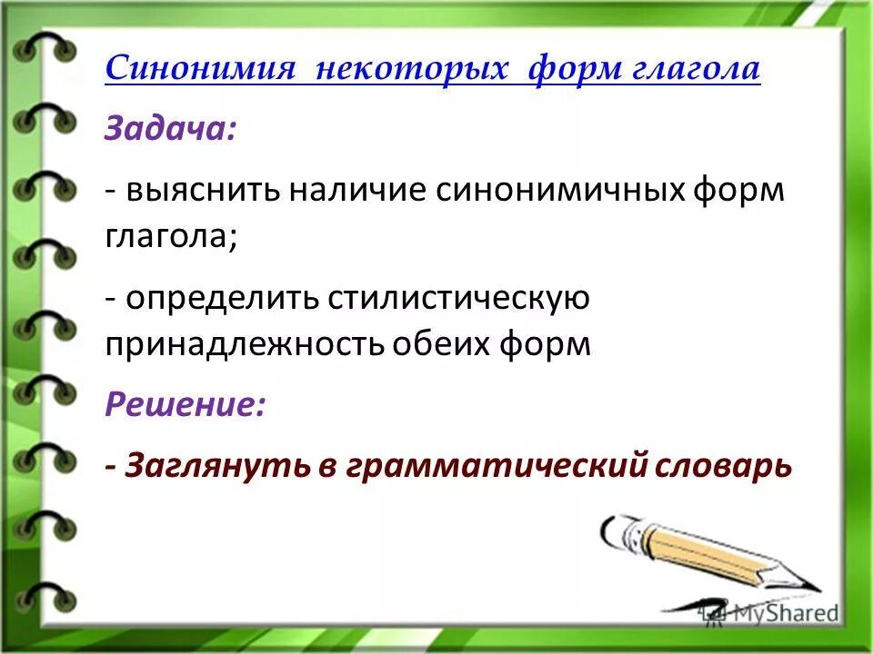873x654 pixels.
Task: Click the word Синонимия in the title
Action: click(199, 70)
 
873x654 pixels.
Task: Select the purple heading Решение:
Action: click(186, 405)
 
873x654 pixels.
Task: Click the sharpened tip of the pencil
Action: click(812, 589)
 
